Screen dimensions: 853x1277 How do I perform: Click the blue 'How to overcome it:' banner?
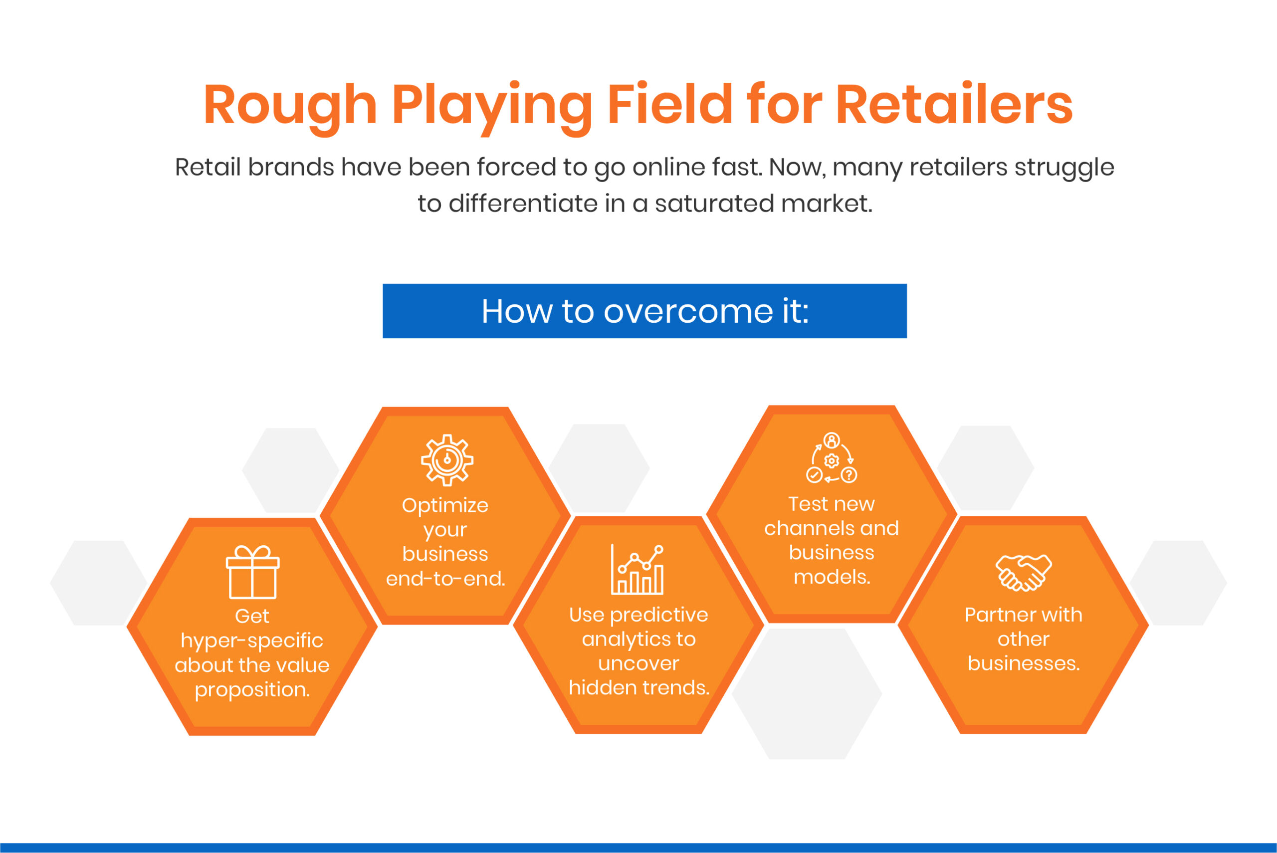644,311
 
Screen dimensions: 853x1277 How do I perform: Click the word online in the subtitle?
674,167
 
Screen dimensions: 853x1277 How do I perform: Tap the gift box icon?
252,572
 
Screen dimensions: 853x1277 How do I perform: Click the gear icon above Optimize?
446,460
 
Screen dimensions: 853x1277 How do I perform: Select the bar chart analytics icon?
638,570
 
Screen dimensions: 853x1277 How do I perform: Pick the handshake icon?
1024,572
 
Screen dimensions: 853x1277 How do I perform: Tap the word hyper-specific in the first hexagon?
252,640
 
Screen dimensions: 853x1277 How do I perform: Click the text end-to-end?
445,578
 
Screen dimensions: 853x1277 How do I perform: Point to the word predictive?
658,615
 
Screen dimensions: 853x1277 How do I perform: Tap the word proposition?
252,690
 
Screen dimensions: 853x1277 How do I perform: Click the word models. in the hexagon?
832,577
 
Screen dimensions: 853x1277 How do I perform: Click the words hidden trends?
638,687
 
